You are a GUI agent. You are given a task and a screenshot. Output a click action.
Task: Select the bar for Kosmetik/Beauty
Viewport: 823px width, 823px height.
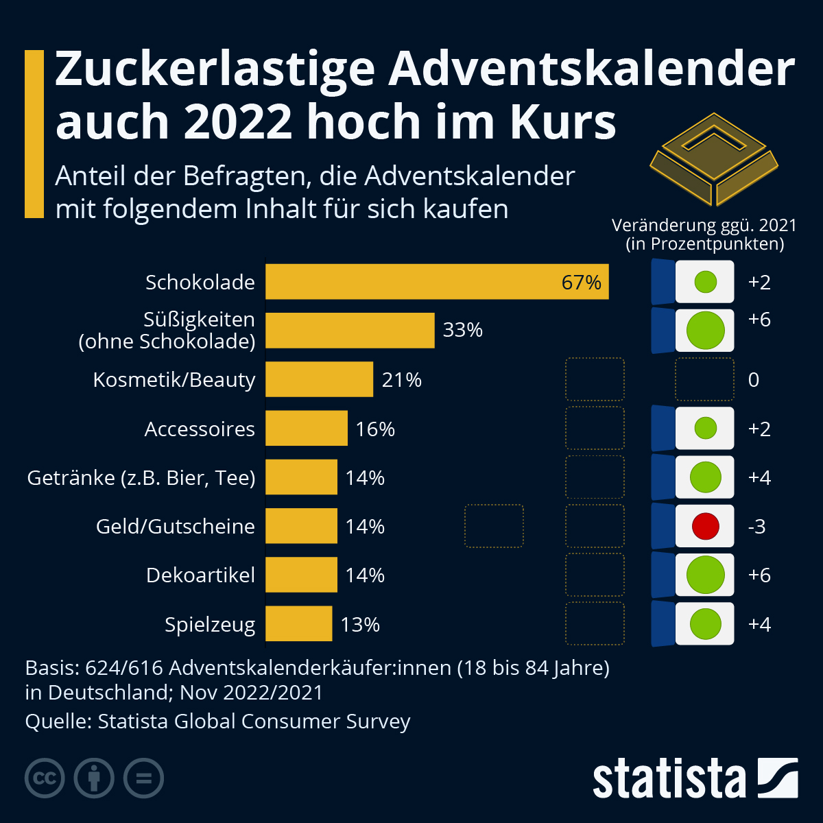(x=319, y=379)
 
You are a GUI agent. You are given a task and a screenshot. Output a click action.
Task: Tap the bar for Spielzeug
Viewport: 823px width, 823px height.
(x=298, y=624)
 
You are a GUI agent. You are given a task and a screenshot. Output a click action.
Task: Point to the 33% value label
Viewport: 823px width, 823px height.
(x=463, y=330)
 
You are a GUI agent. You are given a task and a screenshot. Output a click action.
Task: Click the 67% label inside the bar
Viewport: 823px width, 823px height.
(x=581, y=282)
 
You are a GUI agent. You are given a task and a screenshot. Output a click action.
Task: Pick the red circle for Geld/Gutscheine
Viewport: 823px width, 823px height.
(x=705, y=526)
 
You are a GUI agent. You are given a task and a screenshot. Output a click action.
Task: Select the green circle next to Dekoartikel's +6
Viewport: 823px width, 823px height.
(x=705, y=575)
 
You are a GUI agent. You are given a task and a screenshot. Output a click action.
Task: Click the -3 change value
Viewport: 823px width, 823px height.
(x=756, y=526)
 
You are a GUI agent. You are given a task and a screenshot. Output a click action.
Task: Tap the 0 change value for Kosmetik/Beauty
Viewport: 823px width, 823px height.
(x=754, y=379)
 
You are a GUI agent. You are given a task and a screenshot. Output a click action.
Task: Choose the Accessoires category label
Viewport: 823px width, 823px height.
(x=200, y=429)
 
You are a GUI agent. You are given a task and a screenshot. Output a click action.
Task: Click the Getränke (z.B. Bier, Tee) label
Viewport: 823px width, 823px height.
(x=141, y=477)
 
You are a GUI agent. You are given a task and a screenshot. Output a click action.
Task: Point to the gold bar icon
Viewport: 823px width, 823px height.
(x=714, y=159)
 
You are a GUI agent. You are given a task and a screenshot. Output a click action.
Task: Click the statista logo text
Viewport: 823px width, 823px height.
(x=669, y=778)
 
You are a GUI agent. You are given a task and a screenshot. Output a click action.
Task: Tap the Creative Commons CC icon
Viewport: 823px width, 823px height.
(x=45, y=778)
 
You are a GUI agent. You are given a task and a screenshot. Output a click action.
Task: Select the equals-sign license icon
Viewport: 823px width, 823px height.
(x=144, y=778)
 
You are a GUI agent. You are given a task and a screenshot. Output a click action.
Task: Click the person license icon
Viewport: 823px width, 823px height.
(x=94, y=778)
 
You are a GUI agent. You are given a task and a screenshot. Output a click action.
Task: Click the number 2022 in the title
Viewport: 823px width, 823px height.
(x=238, y=122)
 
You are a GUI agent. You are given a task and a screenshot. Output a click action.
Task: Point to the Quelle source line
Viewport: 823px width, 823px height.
(x=217, y=721)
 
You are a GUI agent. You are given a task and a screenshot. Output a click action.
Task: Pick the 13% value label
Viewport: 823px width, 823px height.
(x=360, y=624)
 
